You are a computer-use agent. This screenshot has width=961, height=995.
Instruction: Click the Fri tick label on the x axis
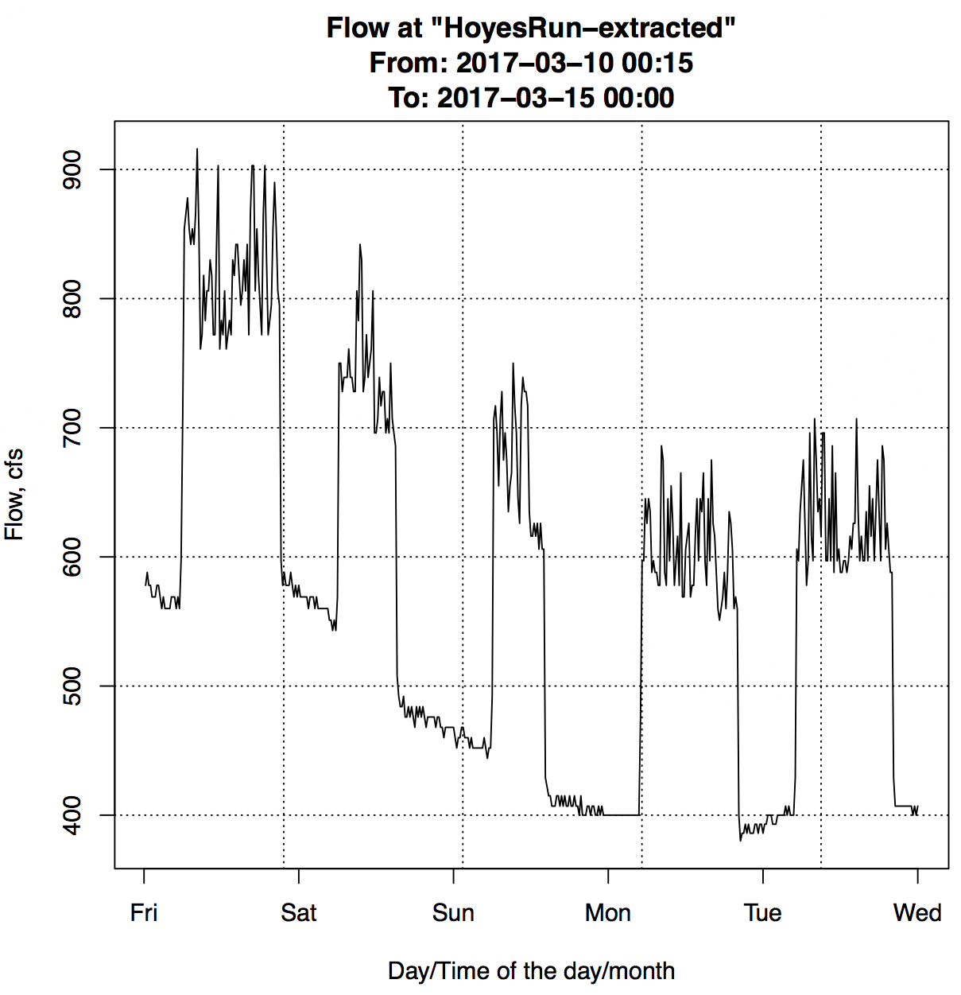point(144,912)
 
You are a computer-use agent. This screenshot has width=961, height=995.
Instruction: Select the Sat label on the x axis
point(298,912)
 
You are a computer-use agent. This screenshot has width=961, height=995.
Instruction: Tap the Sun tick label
point(453,912)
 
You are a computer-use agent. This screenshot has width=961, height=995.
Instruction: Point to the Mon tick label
point(608,912)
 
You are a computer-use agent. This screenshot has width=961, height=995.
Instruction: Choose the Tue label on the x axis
point(762,912)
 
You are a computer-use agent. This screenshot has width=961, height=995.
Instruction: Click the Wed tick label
point(917,912)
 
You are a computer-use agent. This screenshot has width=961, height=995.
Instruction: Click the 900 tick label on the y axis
point(72,169)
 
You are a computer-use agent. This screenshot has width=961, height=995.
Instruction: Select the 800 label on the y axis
point(72,298)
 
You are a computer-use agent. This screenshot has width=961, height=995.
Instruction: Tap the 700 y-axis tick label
point(72,428)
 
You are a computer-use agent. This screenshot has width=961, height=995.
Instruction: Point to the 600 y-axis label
point(72,557)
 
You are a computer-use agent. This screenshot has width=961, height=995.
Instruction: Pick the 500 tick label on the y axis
point(72,686)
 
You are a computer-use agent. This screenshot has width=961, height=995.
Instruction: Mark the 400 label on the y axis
point(72,815)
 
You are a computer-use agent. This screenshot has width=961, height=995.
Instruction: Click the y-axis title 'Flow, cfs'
point(14,495)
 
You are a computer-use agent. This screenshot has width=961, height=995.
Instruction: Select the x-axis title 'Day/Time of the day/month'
point(531,971)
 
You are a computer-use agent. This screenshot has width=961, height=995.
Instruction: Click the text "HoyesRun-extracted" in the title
point(583,28)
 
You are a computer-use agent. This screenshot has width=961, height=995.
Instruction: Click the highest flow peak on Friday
point(197,149)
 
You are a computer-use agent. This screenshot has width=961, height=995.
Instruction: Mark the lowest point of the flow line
point(741,841)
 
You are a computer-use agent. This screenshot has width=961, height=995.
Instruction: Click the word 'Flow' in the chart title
point(355,28)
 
